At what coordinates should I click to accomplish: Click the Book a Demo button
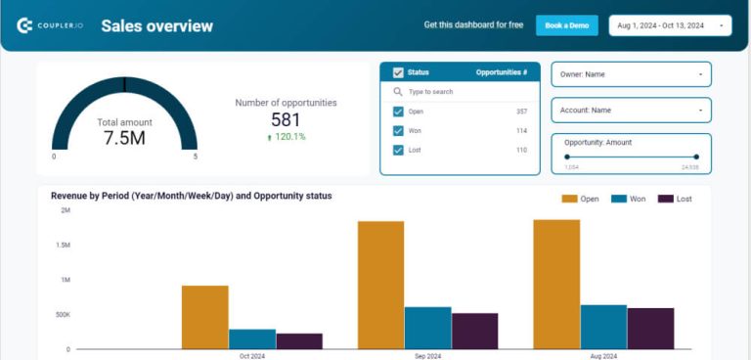pos(566,25)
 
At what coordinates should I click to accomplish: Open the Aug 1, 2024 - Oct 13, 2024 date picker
pos(670,25)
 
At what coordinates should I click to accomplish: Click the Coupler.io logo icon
pos(25,25)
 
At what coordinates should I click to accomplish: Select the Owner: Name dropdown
pos(631,74)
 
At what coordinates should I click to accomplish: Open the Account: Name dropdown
pos(631,111)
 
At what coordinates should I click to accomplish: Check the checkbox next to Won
pos(398,131)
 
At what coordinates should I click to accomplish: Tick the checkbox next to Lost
pos(398,150)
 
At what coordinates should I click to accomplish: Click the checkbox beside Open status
pos(398,112)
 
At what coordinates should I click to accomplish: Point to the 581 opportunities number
pos(286,119)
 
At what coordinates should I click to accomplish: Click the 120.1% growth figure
pos(287,137)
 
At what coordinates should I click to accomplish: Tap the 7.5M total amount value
pos(124,138)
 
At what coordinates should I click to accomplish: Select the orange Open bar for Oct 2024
pos(205,317)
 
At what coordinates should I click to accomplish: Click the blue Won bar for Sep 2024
pos(427,328)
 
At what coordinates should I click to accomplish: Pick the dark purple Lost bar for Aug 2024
pos(650,329)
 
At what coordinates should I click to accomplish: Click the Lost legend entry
pos(675,199)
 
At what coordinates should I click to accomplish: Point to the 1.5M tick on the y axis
pos(63,245)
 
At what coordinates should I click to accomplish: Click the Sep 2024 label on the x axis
pos(427,356)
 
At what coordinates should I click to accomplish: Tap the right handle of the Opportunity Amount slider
pos(696,157)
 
